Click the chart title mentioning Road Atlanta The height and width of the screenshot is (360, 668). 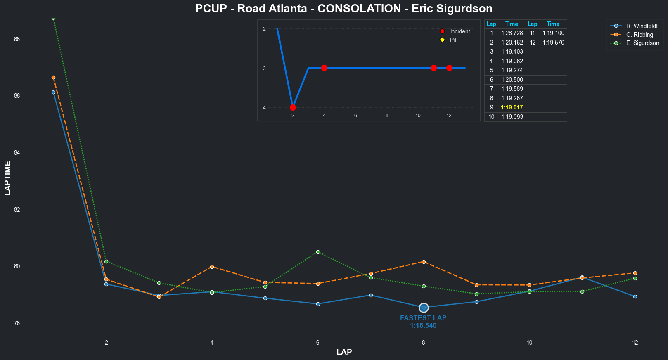click(343, 9)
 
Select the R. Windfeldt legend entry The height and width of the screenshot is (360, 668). click(642, 26)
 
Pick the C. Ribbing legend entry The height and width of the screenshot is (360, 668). click(640, 35)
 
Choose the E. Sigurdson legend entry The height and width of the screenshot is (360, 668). click(642, 43)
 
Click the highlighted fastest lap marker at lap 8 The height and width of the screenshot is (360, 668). click(424, 308)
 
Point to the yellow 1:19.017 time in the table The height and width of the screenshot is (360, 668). click(512, 107)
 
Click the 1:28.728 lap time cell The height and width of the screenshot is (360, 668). click(512, 33)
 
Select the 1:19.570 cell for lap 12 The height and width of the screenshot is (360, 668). click(553, 43)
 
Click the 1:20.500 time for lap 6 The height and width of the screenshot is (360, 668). click(512, 80)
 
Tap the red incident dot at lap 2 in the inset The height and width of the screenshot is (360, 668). click(293, 107)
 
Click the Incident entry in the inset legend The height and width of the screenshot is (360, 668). click(460, 31)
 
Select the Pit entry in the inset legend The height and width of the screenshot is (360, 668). click(453, 40)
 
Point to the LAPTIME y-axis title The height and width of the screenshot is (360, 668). click(8, 178)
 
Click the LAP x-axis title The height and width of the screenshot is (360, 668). click(344, 352)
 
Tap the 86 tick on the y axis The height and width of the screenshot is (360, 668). click(17, 96)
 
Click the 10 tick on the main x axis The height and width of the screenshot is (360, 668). click(529, 343)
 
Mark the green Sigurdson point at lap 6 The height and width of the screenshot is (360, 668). click(318, 252)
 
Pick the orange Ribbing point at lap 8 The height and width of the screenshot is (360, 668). click(424, 262)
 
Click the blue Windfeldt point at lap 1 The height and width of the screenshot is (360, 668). click(54, 92)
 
